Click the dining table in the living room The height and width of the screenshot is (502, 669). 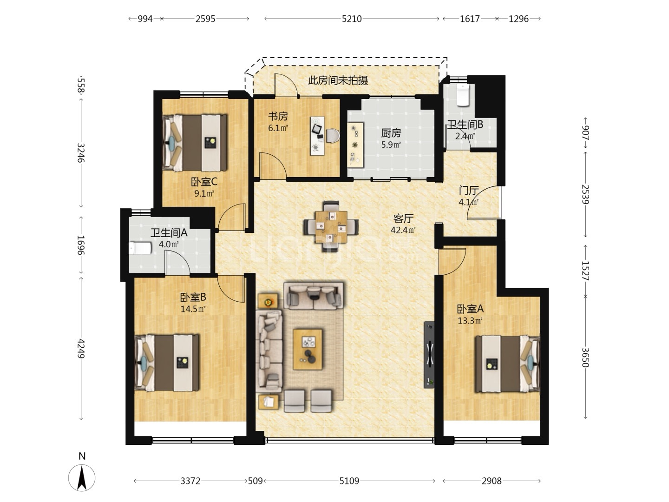point(331,226)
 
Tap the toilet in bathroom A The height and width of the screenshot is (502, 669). point(140,248)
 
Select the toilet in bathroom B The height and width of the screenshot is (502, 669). point(463,95)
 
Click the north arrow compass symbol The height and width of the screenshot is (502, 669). point(82,478)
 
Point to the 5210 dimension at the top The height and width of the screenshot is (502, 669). point(352,19)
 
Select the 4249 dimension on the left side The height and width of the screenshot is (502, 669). point(80,348)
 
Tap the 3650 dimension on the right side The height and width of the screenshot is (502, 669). point(585,357)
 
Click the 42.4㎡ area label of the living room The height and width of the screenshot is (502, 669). point(403,230)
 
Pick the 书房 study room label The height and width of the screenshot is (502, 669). point(278,116)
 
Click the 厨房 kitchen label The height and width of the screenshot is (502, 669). point(391,133)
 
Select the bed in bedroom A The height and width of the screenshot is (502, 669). point(507,364)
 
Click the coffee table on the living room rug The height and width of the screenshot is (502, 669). point(308,349)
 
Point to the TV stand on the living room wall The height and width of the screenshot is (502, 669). point(429,355)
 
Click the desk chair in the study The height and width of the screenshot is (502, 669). point(333,135)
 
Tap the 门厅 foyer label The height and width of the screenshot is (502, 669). point(469,191)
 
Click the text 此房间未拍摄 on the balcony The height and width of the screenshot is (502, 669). point(338,80)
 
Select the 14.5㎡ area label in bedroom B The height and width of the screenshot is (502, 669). point(193,309)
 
